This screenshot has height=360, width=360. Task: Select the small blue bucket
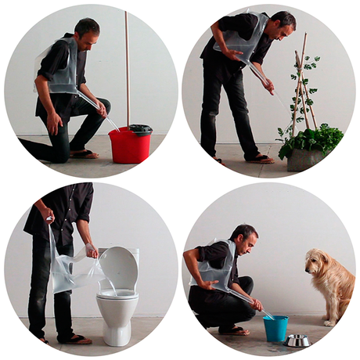[x=275, y=328]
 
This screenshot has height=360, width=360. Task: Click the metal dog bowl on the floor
[x=298, y=340]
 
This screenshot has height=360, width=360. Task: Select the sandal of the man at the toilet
[x=76, y=339]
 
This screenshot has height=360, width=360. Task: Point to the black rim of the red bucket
[x=140, y=128]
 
